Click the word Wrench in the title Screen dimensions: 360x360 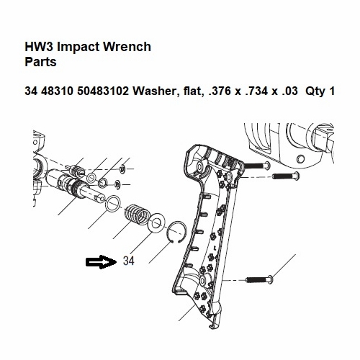127,47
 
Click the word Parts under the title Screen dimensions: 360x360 40,62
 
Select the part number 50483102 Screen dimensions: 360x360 103,91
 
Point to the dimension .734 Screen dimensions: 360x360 256,91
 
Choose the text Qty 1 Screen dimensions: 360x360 320,91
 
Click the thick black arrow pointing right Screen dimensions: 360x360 101,262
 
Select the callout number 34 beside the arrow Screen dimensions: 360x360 129,261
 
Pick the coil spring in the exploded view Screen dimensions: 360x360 138,215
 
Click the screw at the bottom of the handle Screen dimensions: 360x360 259,279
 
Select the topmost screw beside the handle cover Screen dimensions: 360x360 257,166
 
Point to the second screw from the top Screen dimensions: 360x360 286,176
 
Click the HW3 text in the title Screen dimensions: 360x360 40,47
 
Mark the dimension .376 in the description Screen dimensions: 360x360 220,91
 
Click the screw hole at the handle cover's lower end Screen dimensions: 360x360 203,279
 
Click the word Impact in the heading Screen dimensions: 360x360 78,47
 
